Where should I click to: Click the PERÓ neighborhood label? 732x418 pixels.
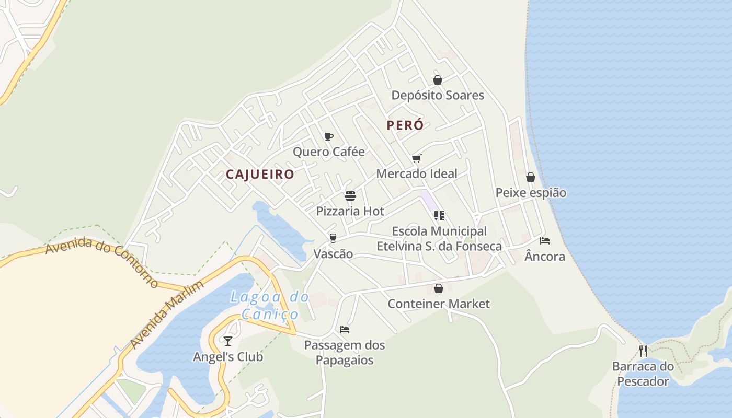click(405, 125)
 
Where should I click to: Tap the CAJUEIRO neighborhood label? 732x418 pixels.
click(260, 175)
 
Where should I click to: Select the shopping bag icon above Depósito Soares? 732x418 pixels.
click(438, 80)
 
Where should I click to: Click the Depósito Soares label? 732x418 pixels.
click(438, 96)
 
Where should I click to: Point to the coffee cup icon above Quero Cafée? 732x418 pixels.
click(328, 137)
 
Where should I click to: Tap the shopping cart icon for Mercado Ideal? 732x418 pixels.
click(416, 158)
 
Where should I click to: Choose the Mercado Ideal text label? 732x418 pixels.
click(417, 173)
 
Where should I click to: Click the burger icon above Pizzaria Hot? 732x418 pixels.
click(350, 196)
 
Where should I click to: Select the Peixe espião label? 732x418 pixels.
click(531, 193)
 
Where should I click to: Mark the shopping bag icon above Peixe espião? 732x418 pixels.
click(531, 177)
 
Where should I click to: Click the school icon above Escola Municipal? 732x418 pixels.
click(439, 215)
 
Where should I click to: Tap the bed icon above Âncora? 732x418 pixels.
click(545, 241)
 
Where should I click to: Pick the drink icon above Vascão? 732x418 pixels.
click(333, 238)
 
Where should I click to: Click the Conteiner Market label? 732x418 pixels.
click(439, 304)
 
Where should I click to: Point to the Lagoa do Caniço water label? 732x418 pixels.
click(270, 306)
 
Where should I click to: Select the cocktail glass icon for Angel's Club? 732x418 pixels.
click(228, 341)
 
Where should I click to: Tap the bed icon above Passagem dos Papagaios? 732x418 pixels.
click(345, 330)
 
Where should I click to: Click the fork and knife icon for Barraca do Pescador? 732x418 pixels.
click(643, 351)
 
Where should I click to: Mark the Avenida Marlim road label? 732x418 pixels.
click(167, 315)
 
